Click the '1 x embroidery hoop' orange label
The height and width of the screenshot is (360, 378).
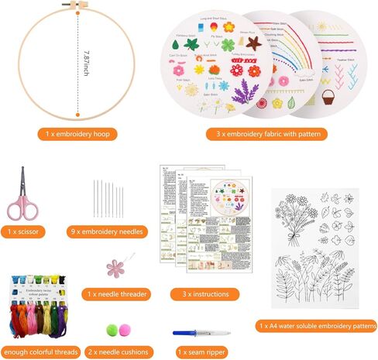coord(78,135)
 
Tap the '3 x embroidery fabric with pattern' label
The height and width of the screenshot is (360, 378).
coord(266,135)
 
